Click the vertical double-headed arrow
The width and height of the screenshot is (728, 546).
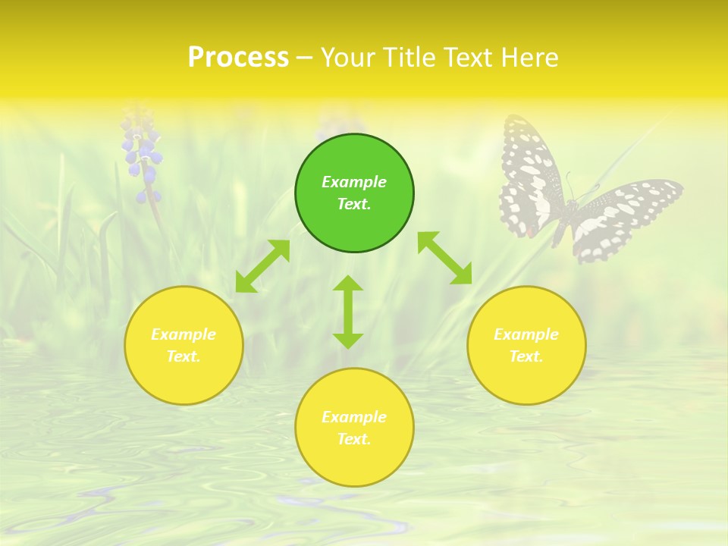(348, 312)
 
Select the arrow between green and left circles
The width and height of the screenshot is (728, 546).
(262, 266)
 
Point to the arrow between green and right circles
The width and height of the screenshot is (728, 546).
(444, 258)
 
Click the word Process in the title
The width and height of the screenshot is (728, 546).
(238, 58)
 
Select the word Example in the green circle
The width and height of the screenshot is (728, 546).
(354, 182)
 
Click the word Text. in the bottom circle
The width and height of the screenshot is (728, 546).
(354, 439)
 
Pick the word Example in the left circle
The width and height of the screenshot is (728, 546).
(184, 334)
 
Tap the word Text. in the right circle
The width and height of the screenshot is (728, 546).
(526, 356)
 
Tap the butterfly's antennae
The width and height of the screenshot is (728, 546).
(570, 186)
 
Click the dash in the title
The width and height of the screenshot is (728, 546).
(304, 58)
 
